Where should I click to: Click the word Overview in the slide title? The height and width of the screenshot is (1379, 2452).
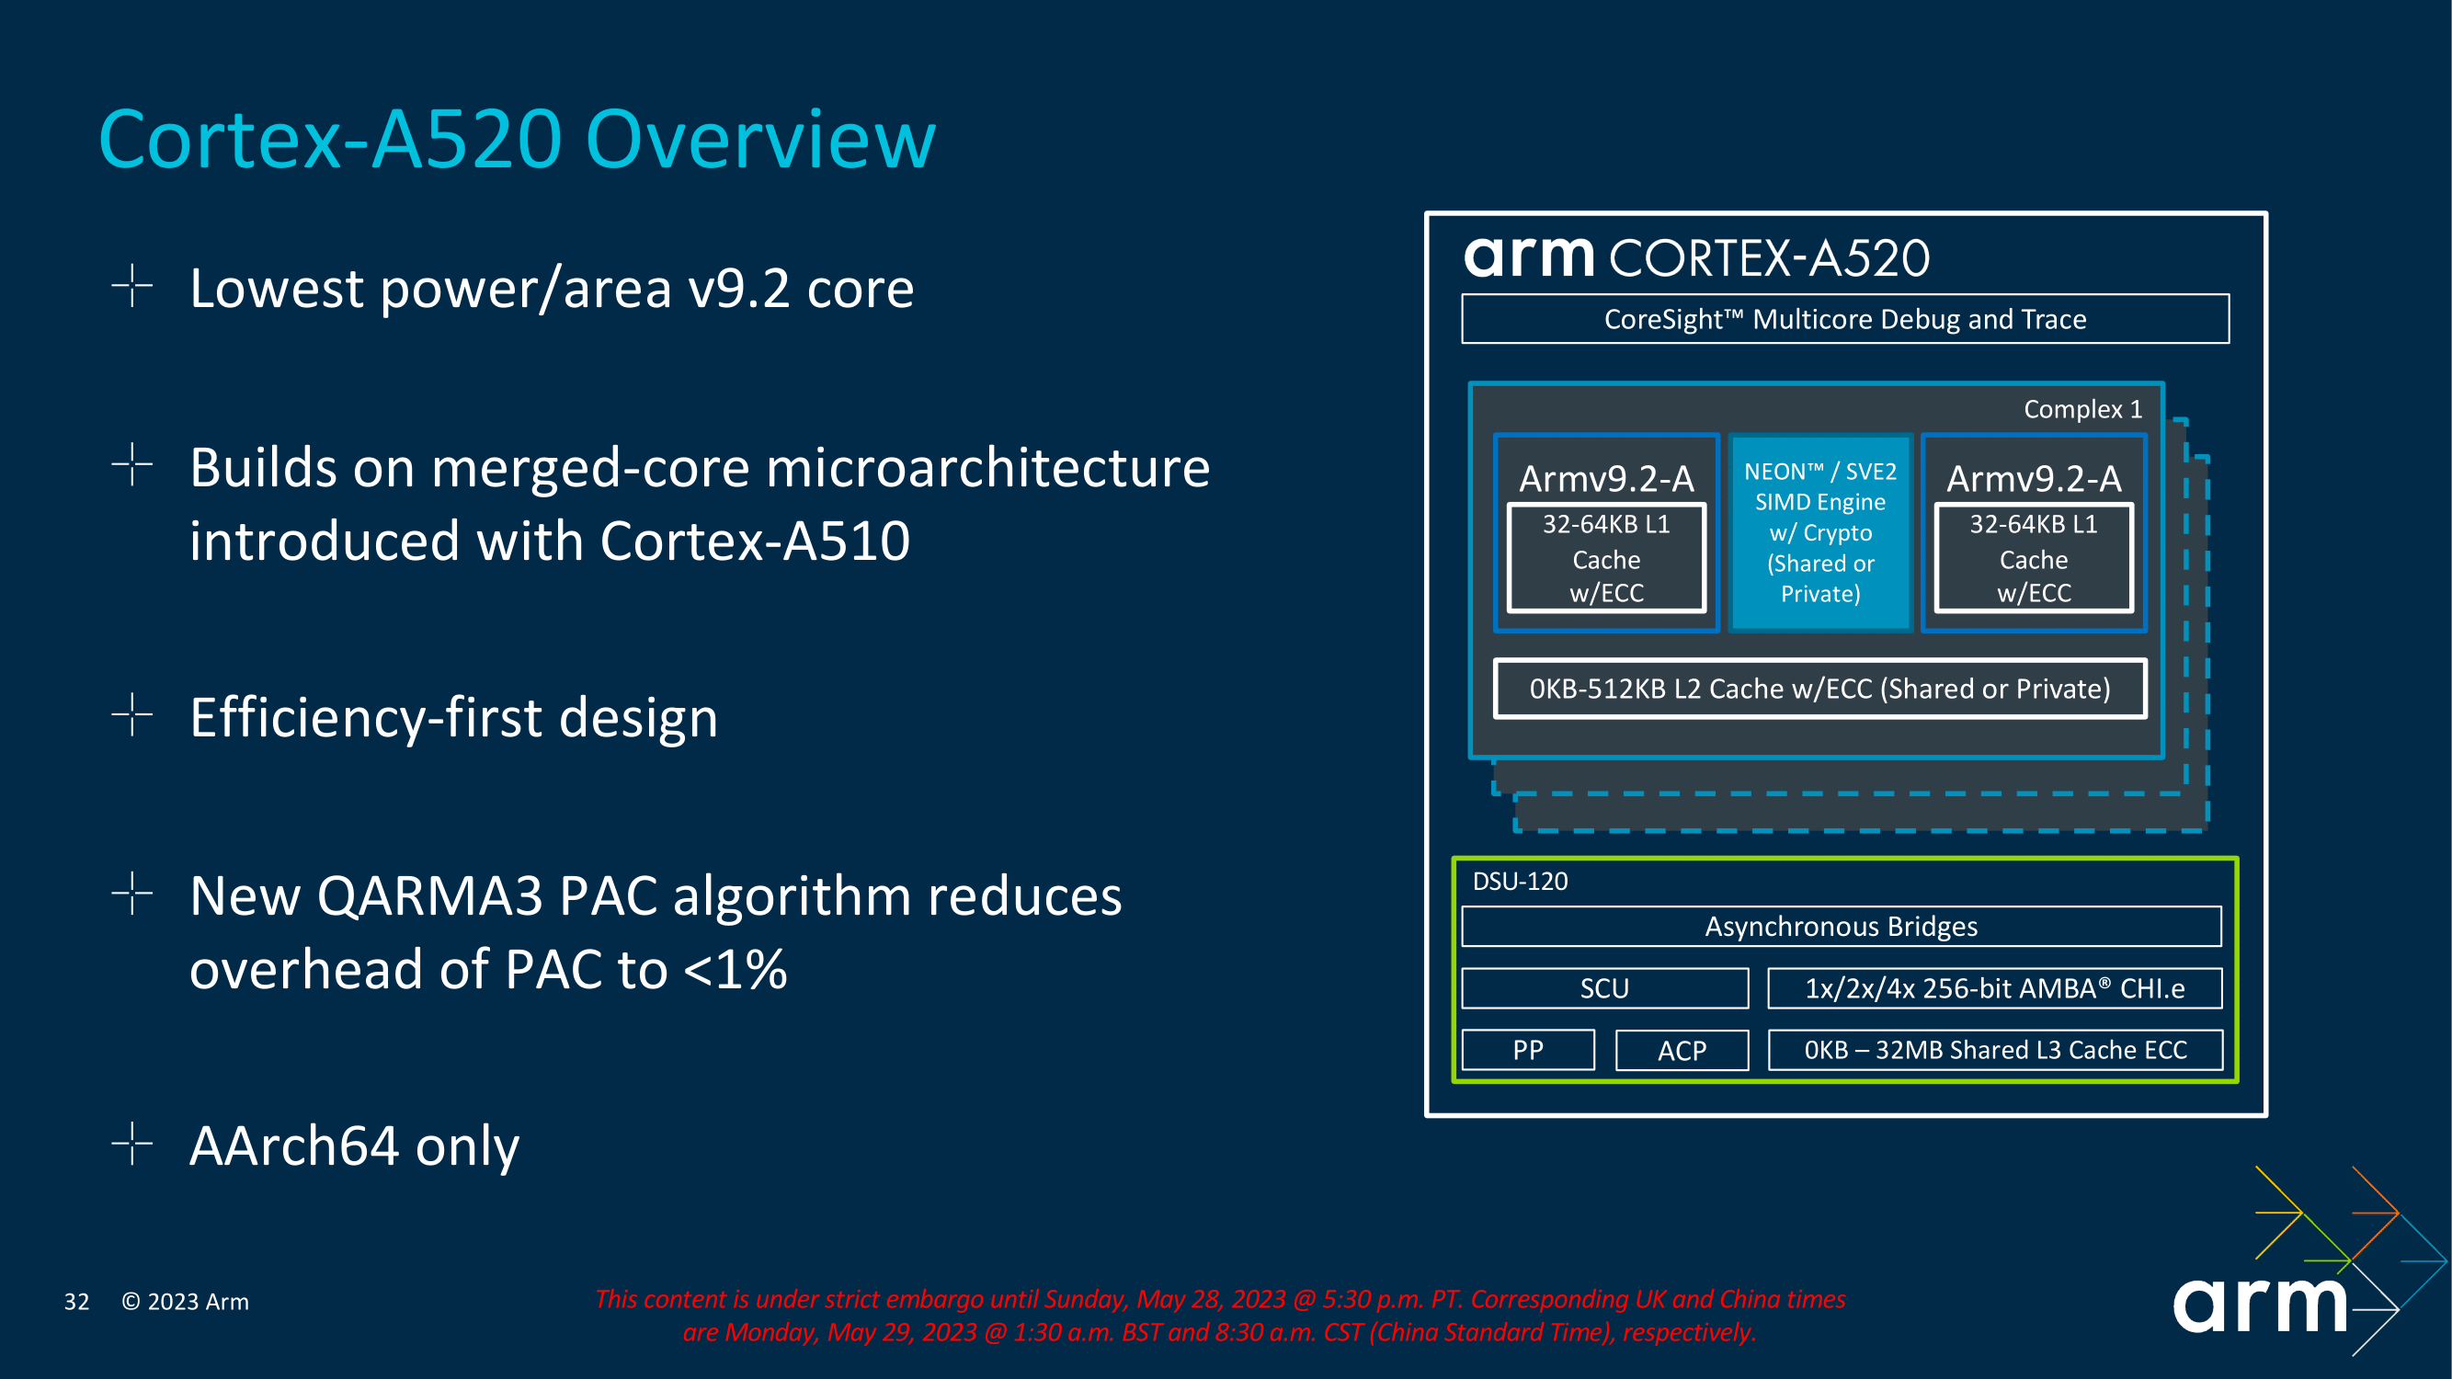pos(760,140)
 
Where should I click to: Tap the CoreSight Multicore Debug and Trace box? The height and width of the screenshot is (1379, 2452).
pos(1843,319)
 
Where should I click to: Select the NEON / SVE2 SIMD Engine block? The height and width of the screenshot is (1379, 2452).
pos(1819,532)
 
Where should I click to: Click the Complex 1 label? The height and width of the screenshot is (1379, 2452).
pos(2081,409)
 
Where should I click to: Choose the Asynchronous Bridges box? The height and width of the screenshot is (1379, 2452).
pos(1840,926)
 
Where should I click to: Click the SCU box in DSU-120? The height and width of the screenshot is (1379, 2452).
pos(1604,988)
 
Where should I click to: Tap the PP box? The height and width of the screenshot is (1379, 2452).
pos(1527,1050)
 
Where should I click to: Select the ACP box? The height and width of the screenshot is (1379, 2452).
pos(1681,1051)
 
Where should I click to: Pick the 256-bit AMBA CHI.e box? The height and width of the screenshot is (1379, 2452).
pos(1994,988)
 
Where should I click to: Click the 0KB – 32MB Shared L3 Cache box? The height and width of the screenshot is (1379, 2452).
pos(1994,1050)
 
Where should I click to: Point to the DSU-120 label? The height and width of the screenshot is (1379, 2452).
pos(1519,882)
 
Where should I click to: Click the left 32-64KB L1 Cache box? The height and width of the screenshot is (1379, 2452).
pos(1606,559)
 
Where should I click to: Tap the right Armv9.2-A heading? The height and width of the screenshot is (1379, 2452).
pos(2033,479)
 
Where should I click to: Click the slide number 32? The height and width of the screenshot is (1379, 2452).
pos(76,1301)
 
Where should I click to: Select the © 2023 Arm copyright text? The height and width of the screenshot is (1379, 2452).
pos(185,1301)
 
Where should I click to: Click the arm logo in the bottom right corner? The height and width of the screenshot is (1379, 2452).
pos(2261,1305)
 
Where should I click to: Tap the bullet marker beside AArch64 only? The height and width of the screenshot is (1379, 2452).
pos(131,1143)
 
